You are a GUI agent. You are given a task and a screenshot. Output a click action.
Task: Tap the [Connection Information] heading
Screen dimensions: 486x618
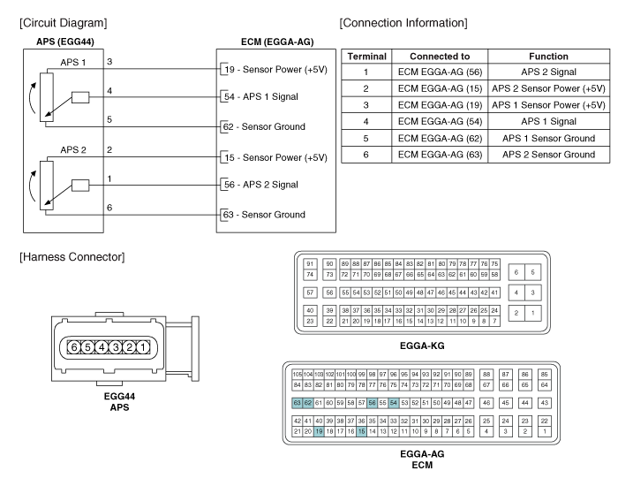403,21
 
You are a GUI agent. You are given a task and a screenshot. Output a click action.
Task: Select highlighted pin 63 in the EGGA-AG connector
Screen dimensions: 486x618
298,403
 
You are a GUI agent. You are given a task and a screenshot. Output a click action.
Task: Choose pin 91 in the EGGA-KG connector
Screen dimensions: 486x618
311,263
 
